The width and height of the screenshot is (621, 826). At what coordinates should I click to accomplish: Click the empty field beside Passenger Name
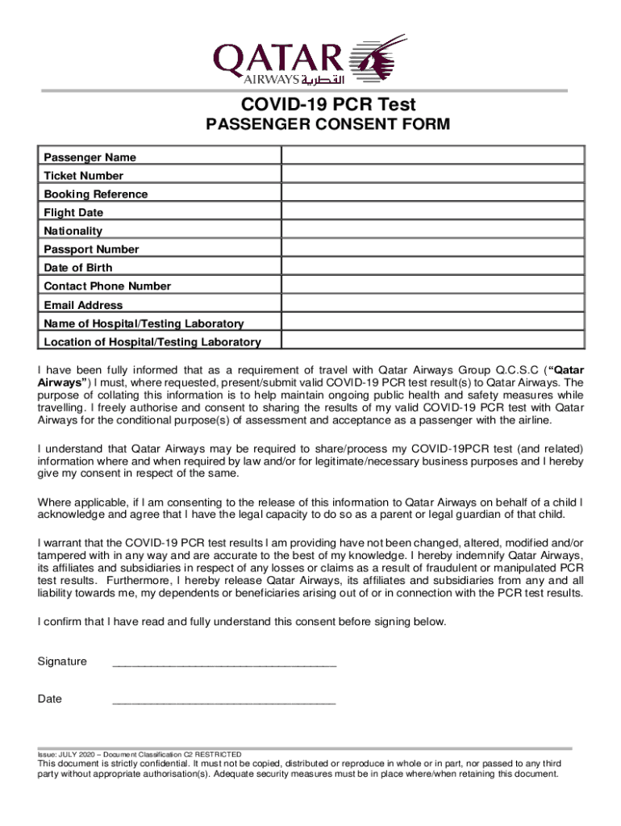[432, 156]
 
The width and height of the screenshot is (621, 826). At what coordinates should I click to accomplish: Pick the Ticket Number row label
[84, 176]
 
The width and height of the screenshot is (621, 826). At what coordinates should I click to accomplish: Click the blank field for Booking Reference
[432, 194]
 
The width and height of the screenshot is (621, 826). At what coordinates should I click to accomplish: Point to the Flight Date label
[73, 213]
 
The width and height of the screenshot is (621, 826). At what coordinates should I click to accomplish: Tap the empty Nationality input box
[432, 231]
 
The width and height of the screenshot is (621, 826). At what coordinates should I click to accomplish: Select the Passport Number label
[91, 249]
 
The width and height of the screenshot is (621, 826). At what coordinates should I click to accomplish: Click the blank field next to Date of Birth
[432, 268]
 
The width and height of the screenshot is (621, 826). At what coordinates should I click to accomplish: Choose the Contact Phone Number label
[107, 286]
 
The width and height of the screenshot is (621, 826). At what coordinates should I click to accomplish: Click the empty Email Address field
[432, 305]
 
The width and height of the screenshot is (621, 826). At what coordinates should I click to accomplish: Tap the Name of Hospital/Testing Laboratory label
[144, 323]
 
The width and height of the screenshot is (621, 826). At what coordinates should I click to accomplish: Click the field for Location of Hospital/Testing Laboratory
[432, 341]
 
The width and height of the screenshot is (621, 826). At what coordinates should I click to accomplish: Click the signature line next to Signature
[224, 664]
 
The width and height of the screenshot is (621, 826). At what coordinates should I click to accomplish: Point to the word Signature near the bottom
[62, 661]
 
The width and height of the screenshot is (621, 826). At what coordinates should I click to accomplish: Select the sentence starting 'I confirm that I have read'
[241, 622]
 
